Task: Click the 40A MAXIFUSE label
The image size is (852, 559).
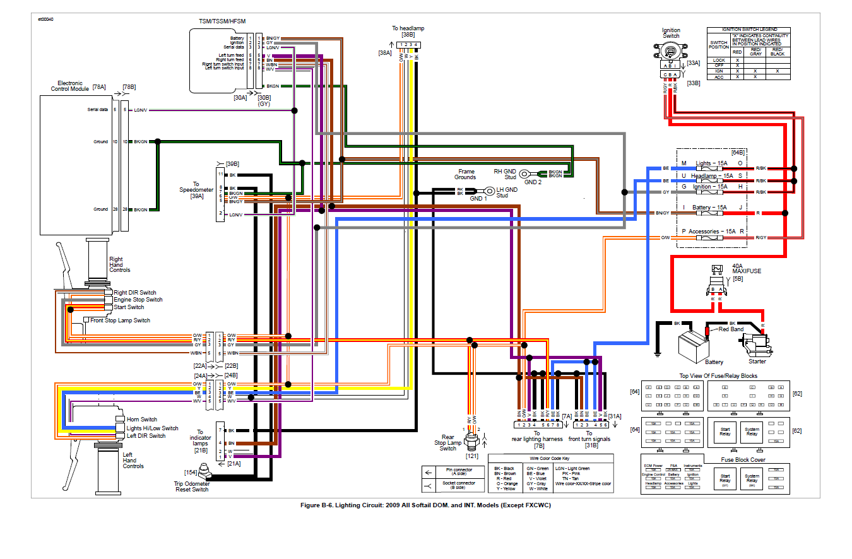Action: point(747,268)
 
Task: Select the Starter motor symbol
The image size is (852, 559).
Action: point(755,346)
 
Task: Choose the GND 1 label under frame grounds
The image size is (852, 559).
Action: point(478,199)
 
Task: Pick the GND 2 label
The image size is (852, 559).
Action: point(531,182)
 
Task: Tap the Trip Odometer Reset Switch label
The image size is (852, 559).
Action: point(191,486)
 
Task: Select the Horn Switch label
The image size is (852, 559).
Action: point(142,420)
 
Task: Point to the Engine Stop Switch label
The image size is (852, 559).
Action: point(138,300)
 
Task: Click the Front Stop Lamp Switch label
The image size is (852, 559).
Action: point(120,321)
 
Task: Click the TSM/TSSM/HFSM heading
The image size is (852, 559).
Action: point(222,21)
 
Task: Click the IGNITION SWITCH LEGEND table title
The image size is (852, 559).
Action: point(748,30)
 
